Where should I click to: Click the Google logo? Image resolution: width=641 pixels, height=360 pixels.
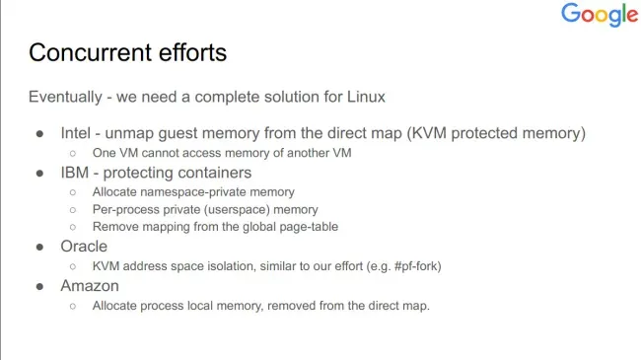tap(600, 15)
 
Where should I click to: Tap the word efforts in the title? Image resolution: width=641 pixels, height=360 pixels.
tap(192, 53)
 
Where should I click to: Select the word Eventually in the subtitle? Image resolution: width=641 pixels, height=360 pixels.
tap(65, 98)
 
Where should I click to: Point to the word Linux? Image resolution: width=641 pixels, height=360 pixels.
tap(366, 97)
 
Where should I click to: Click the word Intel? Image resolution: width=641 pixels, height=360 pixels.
tap(76, 133)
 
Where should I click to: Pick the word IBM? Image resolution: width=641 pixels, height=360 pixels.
tap(74, 173)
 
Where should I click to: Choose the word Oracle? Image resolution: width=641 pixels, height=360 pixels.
tap(84, 247)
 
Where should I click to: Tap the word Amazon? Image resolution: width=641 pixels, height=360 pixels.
tap(90, 286)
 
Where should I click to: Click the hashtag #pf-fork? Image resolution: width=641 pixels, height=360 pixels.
tap(416, 266)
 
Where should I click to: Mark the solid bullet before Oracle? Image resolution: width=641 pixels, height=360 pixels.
tap(39, 248)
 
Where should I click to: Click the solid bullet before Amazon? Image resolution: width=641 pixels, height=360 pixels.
tap(39, 286)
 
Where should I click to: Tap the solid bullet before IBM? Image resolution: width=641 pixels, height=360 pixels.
tap(39, 174)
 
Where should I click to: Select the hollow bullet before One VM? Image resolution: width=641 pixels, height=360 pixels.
tap(73, 154)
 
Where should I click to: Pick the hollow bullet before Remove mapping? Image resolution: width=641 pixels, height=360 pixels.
tap(73, 227)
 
